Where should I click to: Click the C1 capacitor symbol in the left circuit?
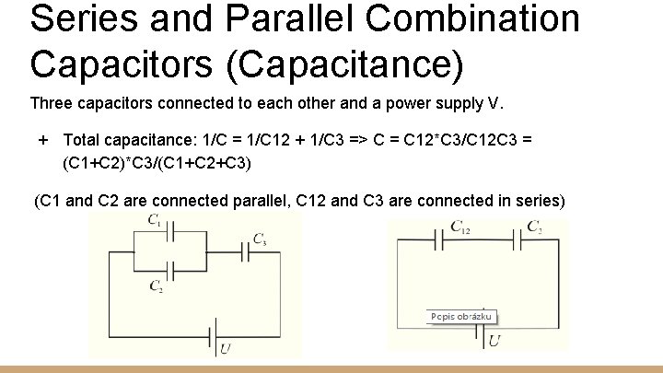coord(169,233)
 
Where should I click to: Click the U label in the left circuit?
coord(226,348)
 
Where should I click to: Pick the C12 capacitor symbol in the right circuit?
coord(444,241)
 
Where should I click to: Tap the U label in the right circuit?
coord(494,342)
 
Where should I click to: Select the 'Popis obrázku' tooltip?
coord(461,317)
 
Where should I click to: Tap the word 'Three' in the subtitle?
coord(52,101)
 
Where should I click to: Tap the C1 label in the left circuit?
coord(154,220)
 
